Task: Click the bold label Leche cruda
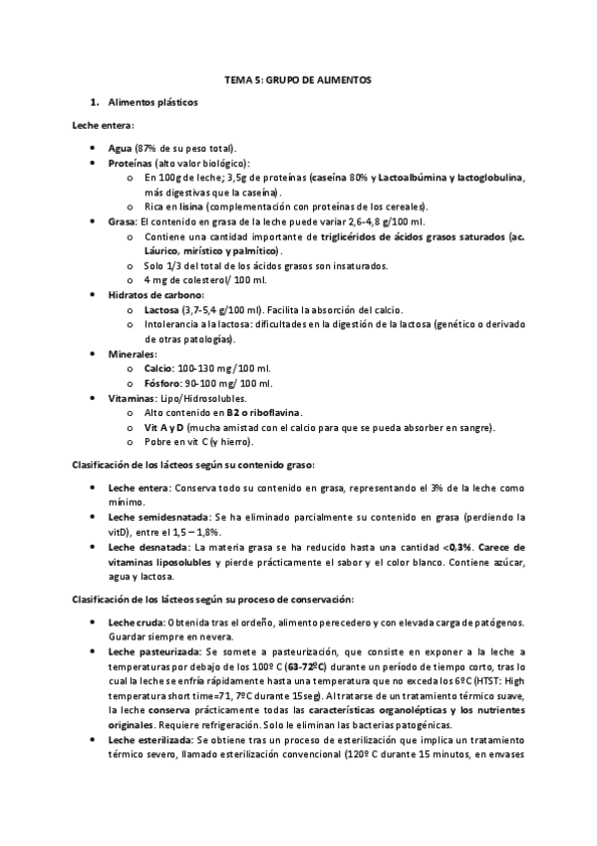coord(136,624)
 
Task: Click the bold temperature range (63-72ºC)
coord(288,666)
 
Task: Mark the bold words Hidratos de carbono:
coord(155,295)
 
